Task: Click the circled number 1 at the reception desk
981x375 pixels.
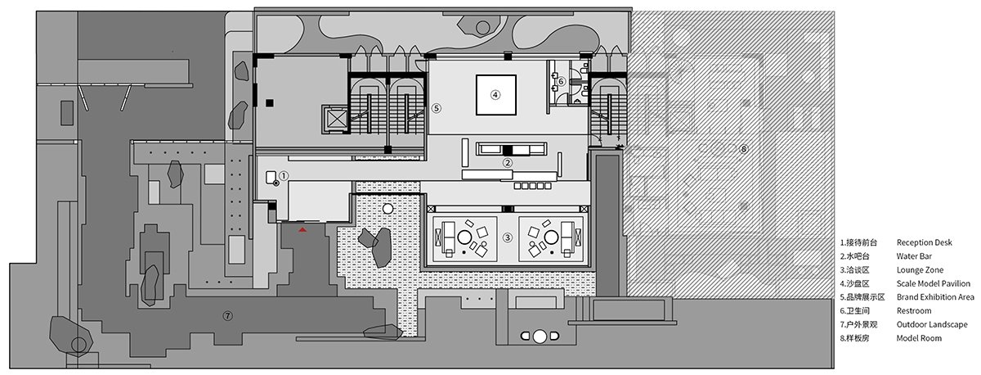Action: point(283,175)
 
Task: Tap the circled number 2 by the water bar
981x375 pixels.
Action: point(508,162)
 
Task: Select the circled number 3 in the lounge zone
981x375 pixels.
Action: point(508,238)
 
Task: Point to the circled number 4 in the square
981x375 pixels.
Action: point(495,94)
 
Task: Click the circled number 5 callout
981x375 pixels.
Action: point(437,107)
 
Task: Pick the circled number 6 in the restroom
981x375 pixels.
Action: point(562,81)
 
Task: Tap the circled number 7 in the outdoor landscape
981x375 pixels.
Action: point(228,314)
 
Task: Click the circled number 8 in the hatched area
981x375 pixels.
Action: point(742,148)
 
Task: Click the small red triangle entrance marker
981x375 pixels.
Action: point(302,231)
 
